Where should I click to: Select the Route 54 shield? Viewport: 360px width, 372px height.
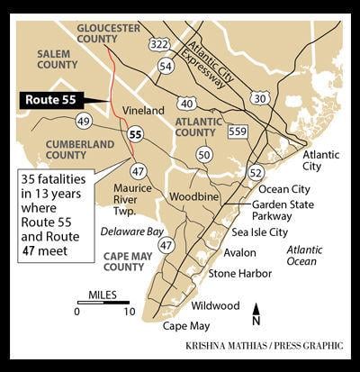(x=166, y=66)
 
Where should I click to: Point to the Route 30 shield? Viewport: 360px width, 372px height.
(x=260, y=96)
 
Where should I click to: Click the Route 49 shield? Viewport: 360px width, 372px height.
(x=84, y=121)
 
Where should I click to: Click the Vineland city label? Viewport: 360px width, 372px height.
(x=143, y=110)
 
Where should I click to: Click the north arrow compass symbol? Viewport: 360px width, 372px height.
(x=256, y=314)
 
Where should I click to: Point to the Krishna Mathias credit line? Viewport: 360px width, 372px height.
(x=253, y=345)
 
